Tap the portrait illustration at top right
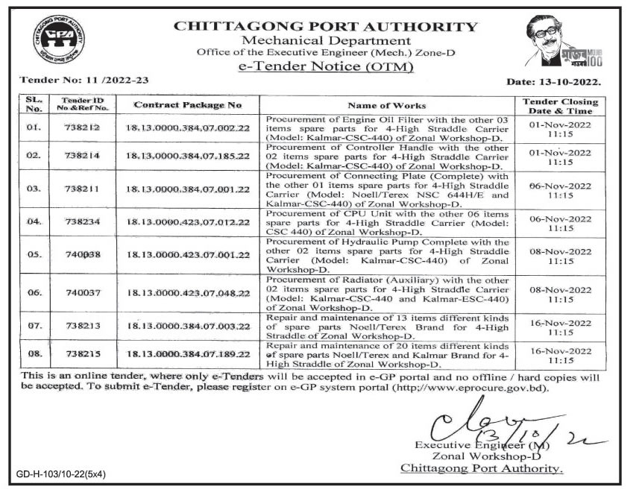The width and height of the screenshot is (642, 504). click(566, 45)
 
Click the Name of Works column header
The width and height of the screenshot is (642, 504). click(387, 105)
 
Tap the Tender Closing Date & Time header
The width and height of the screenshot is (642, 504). click(560, 105)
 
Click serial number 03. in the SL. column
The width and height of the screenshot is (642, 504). click(34, 189)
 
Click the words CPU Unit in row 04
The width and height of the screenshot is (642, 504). click(347, 213)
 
